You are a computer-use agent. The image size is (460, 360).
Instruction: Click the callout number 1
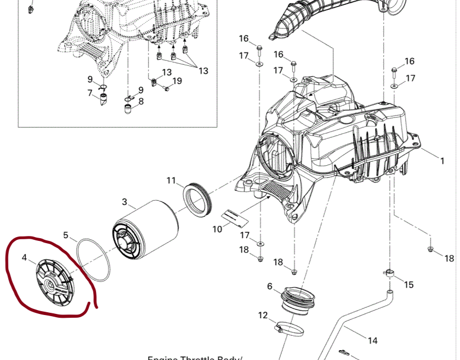[442, 161]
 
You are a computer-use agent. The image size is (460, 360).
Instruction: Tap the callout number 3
[124, 201]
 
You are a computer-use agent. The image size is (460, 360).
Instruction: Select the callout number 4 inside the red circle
[24, 256]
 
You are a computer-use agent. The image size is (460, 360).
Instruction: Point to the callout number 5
[66, 235]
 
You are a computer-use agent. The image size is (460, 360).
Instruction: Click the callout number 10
[217, 228]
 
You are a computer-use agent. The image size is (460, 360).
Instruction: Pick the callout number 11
[171, 181]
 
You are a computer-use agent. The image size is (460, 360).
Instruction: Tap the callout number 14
[372, 341]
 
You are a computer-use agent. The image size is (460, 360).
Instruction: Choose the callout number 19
[177, 81]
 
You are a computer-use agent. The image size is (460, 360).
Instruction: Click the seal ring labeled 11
[197, 198]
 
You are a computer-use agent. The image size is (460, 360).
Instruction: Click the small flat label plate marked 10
[235, 216]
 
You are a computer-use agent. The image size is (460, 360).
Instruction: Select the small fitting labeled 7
[104, 100]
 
